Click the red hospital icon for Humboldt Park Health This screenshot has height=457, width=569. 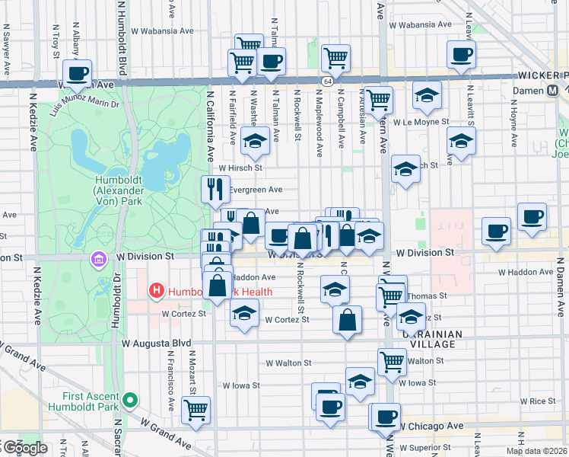(x=157, y=290)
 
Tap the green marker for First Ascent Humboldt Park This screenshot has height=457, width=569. (x=130, y=399)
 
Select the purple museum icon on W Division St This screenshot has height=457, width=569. (x=97, y=260)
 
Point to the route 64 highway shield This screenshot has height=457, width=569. (x=326, y=81)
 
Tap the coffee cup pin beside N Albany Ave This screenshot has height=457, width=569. (x=77, y=74)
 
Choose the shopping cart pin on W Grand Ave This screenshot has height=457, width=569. (x=197, y=409)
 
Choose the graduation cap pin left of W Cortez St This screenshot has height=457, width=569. (x=244, y=313)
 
